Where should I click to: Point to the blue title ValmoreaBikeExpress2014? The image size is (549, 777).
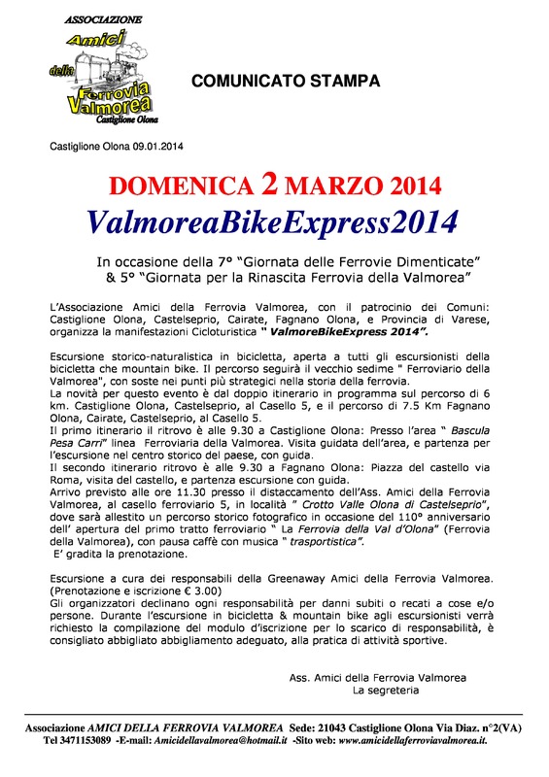(273, 223)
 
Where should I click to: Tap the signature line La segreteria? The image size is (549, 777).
(386, 690)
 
